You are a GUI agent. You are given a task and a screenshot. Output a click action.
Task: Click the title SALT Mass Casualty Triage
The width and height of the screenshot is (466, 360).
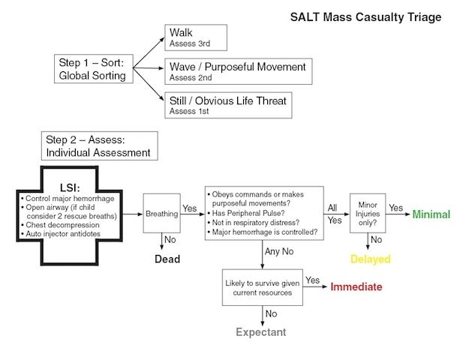click(365, 16)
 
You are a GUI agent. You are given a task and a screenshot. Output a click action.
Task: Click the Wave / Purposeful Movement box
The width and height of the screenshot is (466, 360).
click(237, 70)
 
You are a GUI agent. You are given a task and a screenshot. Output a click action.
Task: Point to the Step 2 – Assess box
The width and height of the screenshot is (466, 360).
click(100, 146)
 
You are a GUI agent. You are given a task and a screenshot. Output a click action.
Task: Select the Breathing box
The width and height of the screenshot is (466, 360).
click(161, 214)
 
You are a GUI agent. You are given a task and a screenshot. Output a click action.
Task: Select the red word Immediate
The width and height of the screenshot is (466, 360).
click(356, 286)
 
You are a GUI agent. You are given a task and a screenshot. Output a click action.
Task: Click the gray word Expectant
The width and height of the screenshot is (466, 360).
click(262, 331)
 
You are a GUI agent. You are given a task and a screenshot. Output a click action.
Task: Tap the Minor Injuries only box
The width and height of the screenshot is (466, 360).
click(367, 214)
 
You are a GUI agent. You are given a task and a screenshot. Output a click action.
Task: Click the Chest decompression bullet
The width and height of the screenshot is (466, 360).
click(61, 223)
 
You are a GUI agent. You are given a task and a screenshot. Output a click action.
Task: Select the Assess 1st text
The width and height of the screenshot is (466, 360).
click(189, 111)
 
